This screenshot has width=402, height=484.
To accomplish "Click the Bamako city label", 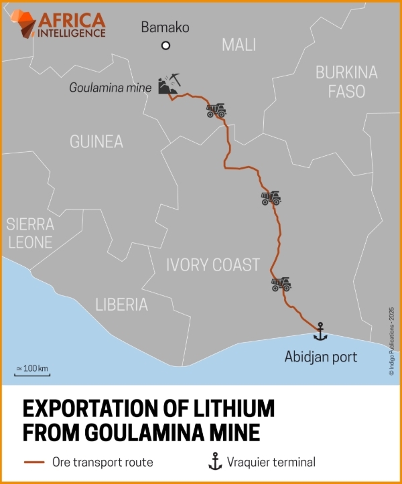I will [165, 28].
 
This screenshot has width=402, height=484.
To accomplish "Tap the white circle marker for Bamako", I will [165, 46].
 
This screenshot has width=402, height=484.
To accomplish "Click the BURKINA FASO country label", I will [346, 82].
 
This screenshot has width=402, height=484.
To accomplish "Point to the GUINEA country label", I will [96, 142].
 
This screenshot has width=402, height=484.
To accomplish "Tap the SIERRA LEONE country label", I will [29, 233].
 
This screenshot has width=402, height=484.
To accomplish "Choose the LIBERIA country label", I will [121, 305].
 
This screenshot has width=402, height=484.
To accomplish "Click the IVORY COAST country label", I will [212, 265].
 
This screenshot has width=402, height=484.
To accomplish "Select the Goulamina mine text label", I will [109, 88].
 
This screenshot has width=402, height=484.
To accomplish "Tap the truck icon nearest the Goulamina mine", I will [216, 110].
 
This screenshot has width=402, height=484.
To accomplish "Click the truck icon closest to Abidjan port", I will [281, 284].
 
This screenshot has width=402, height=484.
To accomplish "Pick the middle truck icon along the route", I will [271, 198].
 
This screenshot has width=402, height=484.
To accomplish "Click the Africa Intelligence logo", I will [60, 23].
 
